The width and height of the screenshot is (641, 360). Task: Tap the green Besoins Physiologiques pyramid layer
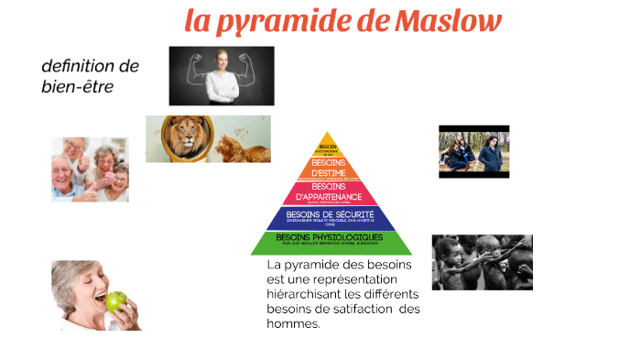(x=331, y=242)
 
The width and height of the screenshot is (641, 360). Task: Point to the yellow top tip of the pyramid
(x=328, y=146)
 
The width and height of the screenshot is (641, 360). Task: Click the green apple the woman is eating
(x=115, y=301)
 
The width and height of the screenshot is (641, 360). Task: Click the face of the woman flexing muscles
(x=222, y=60)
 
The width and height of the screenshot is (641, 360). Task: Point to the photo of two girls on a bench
(x=473, y=151)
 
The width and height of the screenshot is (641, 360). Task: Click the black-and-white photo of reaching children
(x=482, y=263)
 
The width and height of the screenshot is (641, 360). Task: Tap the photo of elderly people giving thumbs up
(x=90, y=169)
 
